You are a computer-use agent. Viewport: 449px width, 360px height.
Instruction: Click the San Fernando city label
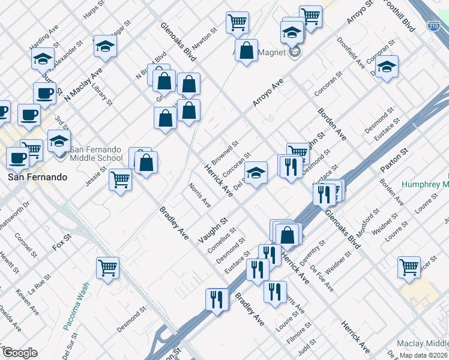[35, 178]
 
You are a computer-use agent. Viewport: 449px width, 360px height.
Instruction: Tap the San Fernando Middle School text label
[97, 154]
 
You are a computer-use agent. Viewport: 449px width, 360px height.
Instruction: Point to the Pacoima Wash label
[83, 301]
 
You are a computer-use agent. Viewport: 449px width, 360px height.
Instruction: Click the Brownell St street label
[225, 153]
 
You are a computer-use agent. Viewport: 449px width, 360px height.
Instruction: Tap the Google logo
[19, 353]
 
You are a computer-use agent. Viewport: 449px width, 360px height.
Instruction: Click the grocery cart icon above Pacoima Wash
[107, 268]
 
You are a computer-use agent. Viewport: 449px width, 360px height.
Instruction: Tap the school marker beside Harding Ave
[43, 58]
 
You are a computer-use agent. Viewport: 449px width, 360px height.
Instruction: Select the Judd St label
[307, 346]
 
